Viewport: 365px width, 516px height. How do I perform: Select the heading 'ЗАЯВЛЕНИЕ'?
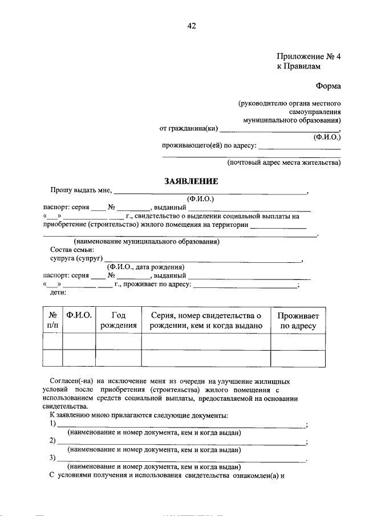click(191, 181)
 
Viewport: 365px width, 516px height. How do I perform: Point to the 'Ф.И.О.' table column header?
click(79, 315)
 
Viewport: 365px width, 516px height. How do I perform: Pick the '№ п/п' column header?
click(52, 320)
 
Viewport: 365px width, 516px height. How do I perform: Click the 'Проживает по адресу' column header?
click(298, 320)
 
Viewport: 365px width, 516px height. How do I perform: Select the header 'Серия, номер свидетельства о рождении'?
click(205, 320)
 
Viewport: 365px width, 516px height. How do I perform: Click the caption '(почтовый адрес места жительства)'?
click(283, 162)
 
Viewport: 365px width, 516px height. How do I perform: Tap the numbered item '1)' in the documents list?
click(52, 424)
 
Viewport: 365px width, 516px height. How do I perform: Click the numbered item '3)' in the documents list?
click(52, 458)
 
